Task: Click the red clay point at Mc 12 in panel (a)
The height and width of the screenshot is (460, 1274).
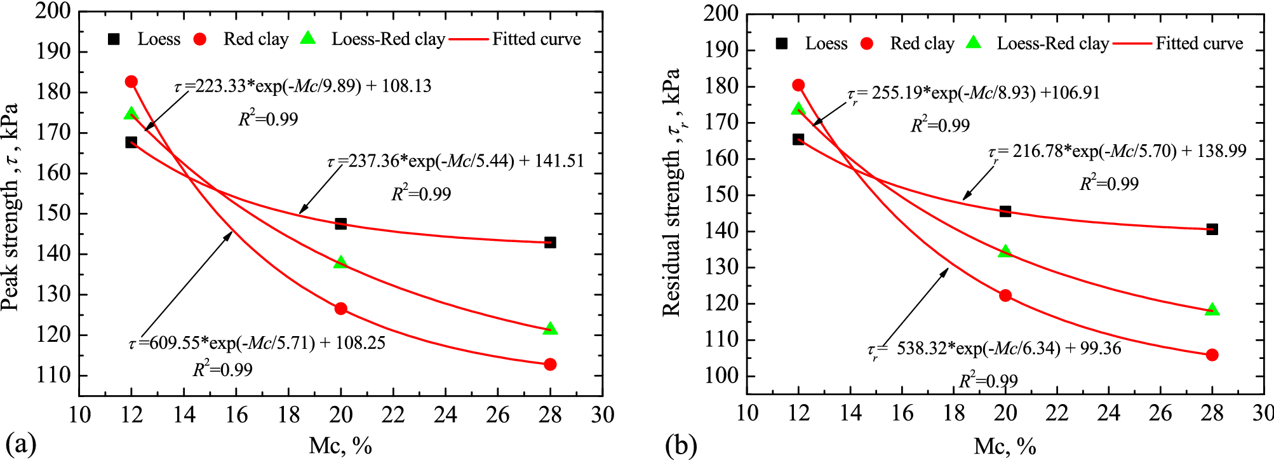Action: point(131,81)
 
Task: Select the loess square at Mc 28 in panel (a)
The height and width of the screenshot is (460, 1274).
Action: point(550,243)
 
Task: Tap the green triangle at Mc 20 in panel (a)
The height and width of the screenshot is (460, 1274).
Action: point(341,262)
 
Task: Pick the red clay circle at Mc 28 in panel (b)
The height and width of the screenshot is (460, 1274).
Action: point(1212,355)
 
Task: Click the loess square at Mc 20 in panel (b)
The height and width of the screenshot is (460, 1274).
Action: point(1005,211)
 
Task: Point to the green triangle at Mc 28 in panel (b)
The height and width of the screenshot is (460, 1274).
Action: point(1212,309)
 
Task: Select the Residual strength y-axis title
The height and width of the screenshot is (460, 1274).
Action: point(672,192)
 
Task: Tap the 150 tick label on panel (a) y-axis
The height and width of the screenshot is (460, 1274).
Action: point(53,213)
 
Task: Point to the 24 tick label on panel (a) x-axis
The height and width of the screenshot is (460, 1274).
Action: point(445,415)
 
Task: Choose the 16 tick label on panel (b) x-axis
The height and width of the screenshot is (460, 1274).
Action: point(902,413)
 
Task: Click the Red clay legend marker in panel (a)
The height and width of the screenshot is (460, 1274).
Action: point(199,39)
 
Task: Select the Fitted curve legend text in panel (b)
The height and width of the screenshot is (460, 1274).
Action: point(1199,43)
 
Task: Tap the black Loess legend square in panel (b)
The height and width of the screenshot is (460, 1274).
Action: point(781,43)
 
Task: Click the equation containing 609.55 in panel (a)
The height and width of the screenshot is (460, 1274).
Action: point(257,343)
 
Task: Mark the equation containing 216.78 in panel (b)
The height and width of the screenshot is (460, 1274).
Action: point(1117,152)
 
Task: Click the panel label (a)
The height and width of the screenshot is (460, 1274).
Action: point(20,444)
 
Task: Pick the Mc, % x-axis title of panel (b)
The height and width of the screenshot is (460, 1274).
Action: point(1005,446)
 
